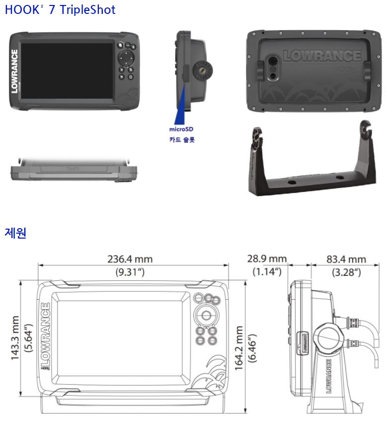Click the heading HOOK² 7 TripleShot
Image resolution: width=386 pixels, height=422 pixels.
point(60,9)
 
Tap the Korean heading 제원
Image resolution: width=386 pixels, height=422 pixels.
point(15,233)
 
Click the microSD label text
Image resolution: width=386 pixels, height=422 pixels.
point(181,129)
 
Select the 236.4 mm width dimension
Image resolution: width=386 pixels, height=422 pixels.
point(130,259)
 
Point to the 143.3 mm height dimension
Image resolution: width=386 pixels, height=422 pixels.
point(16,338)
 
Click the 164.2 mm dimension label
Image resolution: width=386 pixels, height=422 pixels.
point(239,348)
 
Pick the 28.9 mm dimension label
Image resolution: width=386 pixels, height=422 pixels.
point(267,259)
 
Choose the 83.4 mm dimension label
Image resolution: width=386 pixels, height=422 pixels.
point(346,259)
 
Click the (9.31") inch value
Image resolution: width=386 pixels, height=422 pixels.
point(130,272)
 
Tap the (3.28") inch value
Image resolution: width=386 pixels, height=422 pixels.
point(346,272)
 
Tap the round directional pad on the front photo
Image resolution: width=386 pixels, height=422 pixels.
point(127,60)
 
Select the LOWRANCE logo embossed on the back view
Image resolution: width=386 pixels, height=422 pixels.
point(322,55)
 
